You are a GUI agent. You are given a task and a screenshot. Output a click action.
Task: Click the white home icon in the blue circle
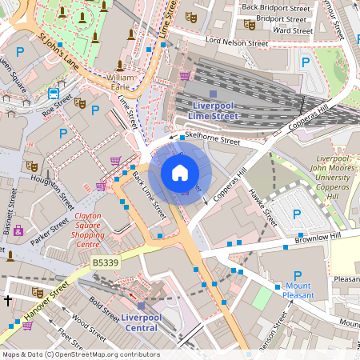[x=180, y=172]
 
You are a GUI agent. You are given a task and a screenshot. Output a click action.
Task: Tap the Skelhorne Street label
[x=212, y=139]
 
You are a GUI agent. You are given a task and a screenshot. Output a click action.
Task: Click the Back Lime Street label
[x=149, y=195]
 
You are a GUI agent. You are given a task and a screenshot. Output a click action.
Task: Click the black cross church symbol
[x=7, y=301]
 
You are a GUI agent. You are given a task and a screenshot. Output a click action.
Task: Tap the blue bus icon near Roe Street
[x=54, y=92]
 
